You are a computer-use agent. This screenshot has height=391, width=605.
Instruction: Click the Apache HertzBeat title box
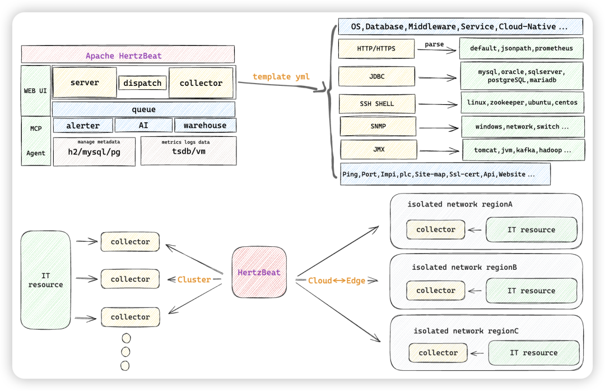[x=128, y=55]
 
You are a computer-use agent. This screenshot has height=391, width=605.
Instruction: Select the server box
[x=85, y=82]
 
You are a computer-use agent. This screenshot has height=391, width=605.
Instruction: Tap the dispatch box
[x=142, y=83]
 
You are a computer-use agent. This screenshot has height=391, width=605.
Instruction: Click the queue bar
[x=143, y=109]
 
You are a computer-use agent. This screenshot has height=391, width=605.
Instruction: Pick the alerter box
[x=83, y=126]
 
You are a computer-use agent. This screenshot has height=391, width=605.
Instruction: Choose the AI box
[x=143, y=126]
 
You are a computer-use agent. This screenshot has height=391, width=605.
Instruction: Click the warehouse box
[x=205, y=126]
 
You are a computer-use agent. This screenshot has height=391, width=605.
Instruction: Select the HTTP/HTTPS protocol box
[x=376, y=48]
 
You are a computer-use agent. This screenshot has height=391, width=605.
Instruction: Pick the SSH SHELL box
[x=377, y=104]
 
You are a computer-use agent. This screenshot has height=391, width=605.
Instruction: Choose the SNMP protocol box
[x=378, y=126]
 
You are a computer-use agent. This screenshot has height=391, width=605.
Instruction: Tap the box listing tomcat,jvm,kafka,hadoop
[x=523, y=150]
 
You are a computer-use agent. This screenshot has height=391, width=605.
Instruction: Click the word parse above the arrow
[x=434, y=44]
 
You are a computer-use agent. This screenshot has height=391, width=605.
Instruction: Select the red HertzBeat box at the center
[x=259, y=273]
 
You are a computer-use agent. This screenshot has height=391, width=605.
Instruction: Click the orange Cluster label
[x=194, y=279]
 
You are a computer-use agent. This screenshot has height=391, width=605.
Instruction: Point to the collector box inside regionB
[x=436, y=291]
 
